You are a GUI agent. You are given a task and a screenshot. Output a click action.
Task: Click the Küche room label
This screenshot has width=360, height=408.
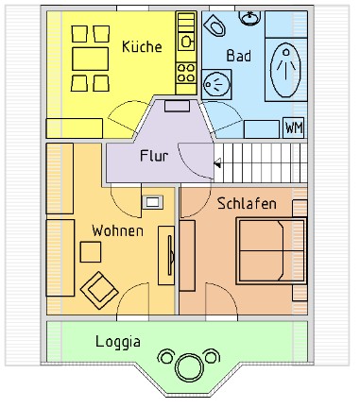coord(142,46)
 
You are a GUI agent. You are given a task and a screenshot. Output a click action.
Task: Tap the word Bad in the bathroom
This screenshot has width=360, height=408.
coord(239,56)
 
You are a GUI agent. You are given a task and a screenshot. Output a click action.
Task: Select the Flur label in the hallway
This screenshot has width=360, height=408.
coord(154,156)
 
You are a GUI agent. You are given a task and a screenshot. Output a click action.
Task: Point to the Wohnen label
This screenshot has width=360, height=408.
coord(117,230)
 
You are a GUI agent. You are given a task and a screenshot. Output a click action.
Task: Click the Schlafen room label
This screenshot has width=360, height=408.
coord(247,203)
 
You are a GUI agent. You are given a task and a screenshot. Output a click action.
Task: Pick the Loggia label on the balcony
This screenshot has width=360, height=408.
coord(118,342)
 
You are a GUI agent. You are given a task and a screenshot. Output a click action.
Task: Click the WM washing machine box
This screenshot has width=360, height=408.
coord(294,127)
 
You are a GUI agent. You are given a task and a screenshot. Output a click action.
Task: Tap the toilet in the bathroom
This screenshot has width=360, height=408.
coord(214,25)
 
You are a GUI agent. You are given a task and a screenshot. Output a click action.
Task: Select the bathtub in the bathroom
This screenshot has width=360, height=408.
coord(285,70)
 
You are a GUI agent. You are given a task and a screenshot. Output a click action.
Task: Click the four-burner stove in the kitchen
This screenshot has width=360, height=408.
coord(186,73)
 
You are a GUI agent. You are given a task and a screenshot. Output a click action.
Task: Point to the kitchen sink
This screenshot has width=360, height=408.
coord(186,42)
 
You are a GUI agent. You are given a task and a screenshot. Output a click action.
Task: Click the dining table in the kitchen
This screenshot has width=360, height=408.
coord(91,59)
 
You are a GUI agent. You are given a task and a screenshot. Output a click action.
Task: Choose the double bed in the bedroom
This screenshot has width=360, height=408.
coord(271,250)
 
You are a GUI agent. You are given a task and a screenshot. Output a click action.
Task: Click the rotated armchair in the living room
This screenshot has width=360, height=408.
coord(99,290)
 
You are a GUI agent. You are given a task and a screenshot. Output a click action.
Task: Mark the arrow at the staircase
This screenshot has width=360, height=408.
coord(217,163)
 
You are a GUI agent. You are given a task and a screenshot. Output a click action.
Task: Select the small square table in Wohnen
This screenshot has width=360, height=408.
coord(91,252)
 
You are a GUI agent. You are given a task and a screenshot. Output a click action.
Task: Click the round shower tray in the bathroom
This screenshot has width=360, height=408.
coord(216,84)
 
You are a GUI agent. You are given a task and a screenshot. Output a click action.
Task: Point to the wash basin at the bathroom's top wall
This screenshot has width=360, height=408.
coord(249,17)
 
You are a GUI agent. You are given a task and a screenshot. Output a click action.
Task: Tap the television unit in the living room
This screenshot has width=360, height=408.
coord(166,255)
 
